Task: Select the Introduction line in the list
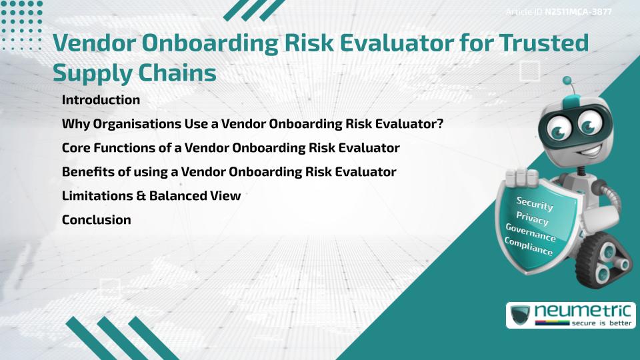[101, 100]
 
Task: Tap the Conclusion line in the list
[96, 219]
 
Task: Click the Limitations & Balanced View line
[151, 195]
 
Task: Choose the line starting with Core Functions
[231, 147]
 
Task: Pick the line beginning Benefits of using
[229, 171]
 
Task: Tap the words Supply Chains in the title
[134, 72]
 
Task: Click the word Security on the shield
[535, 204]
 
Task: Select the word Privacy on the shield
[532, 218]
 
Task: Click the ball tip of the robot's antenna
[568, 81]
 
